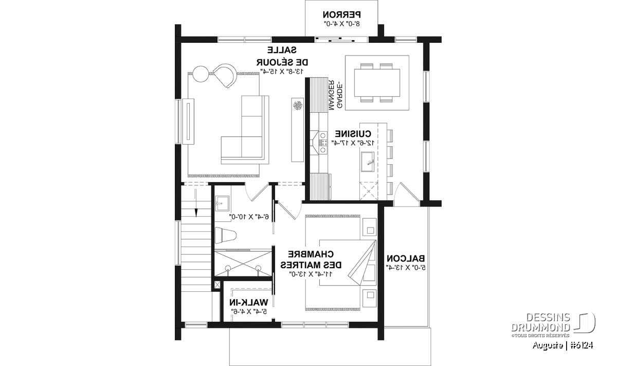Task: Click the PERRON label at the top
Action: [x=341, y=14]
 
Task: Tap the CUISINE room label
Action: [x=353, y=134]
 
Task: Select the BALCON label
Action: [x=406, y=258]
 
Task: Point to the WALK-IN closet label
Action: [x=248, y=302]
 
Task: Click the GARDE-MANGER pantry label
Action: [x=335, y=95]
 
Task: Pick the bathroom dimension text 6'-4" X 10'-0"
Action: [x=249, y=217]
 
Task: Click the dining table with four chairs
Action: [x=377, y=83]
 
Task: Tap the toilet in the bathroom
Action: [x=226, y=236]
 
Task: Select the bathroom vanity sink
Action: [x=222, y=203]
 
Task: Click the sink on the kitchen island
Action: [x=368, y=162]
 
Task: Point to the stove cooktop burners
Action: [x=323, y=143]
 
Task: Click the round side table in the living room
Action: [x=201, y=74]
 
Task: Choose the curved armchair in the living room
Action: [x=226, y=76]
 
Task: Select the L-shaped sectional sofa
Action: [x=245, y=130]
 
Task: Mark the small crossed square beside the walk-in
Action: [x=217, y=285]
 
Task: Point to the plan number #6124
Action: [x=581, y=345]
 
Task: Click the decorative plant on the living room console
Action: [x=298, y=106]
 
